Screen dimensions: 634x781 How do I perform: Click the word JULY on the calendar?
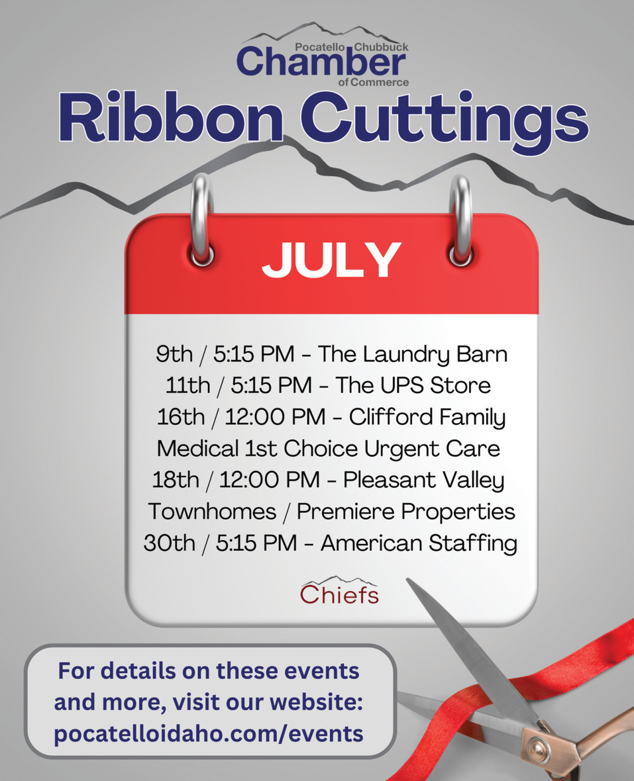pyautogui.click(x=331, y=260)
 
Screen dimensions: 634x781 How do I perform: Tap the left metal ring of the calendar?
pyautogui.click(x=202, y=220)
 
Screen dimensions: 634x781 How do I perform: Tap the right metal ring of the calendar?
pyautogui.click(x=460, y=220)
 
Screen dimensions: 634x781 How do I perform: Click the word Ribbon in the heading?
pyautogui.click(x=171, y=117)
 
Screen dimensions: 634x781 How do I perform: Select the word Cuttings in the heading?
pyautogui.click(x=444, y=122)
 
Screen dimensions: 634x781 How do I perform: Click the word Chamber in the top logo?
pyautogui.click(x=321, y=62)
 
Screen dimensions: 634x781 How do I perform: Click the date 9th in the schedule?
pyautogui.click(x=174, y=354)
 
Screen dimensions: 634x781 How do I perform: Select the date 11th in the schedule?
pyautogui.click(x=188, y=385)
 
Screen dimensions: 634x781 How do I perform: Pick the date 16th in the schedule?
pyautogui.click(x=181, y=417)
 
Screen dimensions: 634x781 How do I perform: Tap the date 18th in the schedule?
pyautogui.click(x=175, y=480)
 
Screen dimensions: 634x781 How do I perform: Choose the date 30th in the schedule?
pyautogui.click(x=169, y=543)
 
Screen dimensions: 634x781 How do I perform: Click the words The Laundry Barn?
pyautogui.click(x=413, y=355)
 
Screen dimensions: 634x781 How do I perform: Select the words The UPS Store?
pyautogui.click(x=413, y=385)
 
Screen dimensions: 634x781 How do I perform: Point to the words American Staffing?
pyautogui.click(x=419, y=544)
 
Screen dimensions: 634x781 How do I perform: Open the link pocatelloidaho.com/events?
pyautogui.click(x=209, y=733)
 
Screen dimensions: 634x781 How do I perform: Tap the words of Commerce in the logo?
pyautogui.click(x=373, y=82)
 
